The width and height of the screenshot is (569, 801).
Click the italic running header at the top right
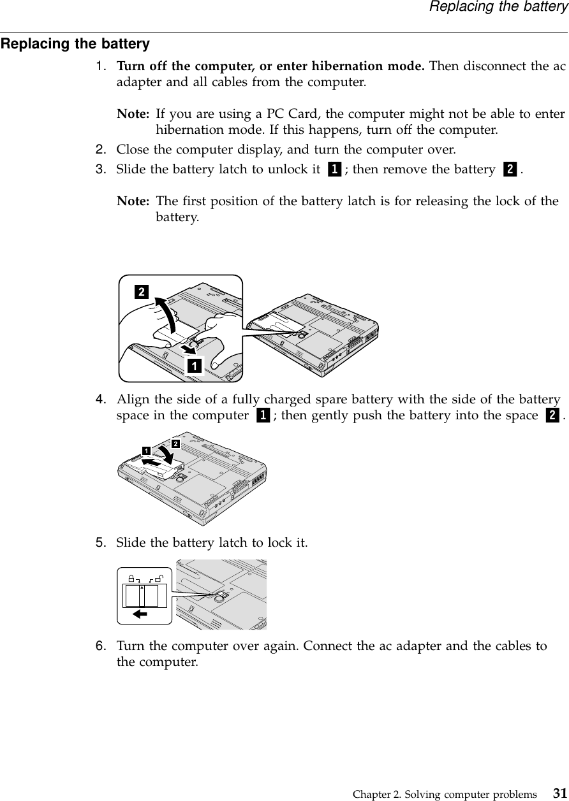(498, 7)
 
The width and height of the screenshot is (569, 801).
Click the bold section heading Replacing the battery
(75, 45)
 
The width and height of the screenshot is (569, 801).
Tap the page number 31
(559, 793)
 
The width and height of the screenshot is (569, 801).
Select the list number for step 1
(101, 66)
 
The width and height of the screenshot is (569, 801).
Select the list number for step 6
(101, 646)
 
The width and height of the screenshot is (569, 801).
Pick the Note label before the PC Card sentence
(133, 115)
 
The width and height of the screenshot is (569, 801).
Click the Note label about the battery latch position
(133, 201)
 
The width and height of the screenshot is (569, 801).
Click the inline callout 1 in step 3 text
(334, 170)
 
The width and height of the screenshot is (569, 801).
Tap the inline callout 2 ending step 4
(552, 416)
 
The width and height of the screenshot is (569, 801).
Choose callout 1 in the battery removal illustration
(193, 366)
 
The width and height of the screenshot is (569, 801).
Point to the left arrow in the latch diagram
(139, 614)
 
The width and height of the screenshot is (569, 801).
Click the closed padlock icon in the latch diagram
(131, 578)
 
